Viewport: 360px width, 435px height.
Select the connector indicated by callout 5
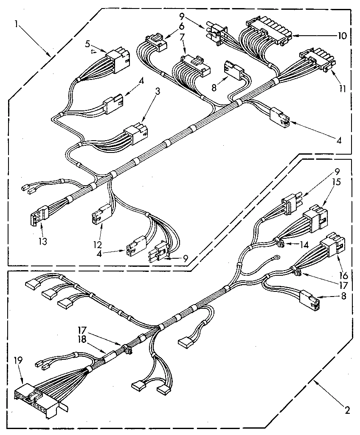pyautogui.click(x=117, y=57)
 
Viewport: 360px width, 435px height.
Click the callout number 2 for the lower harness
pyautogui.click(x=347, y=410)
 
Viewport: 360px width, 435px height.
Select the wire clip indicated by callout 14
pyautogui.click(x=281, y=243)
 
